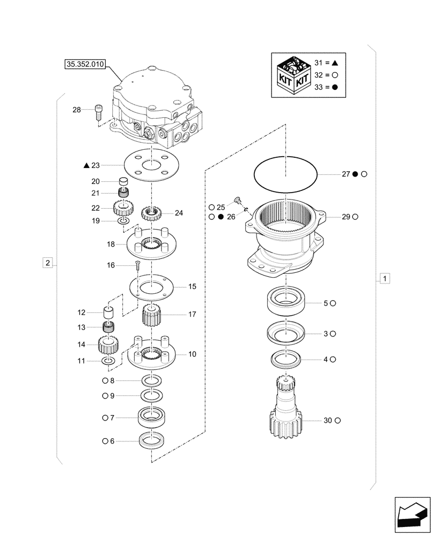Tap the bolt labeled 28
[x=98, y=112]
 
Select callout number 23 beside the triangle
[x=96, y=166]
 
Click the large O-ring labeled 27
[x=285, y=174]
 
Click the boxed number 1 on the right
[x=383, y=278]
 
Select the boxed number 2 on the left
[x=48, y=263]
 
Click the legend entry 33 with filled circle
[x=327, y=88]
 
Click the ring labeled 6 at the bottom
[x=151, y=441]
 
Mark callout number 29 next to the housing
[x=346, y=217]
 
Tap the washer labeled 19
[x=123, y=221]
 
